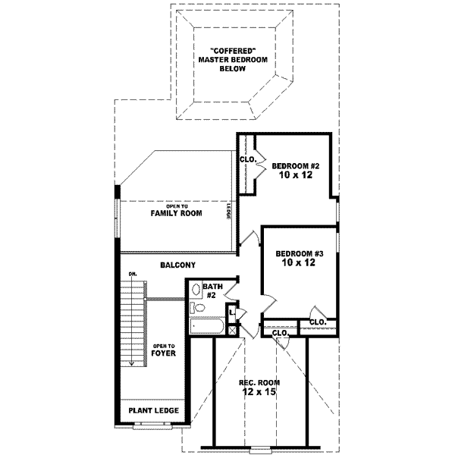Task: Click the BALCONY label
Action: pos(178,265)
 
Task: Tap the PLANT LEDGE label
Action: pos(153,410)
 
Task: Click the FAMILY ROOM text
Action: pos(176,215)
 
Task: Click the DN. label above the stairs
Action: pos(132,273)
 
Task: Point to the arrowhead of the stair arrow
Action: pos(132,363)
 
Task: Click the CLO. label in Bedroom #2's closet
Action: pos(247,160)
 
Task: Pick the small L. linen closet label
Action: pos(232,312)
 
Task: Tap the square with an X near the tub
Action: pos(232,329)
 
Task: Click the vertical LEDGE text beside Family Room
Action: pos(228,212)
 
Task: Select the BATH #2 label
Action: pos(212,290)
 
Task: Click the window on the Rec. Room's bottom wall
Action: pos(260,447)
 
